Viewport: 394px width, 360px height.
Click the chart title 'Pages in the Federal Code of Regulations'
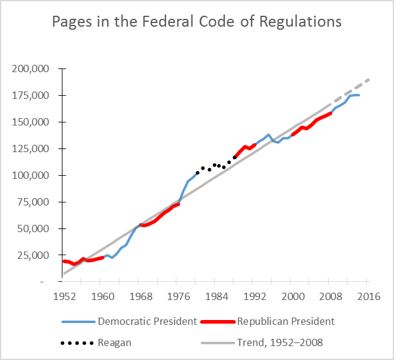[x=197, y=22]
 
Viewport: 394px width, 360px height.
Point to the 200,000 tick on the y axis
[x=32, y=68]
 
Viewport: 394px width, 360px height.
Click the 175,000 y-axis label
[x=32, y=95]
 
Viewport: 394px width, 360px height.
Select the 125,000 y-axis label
[x=32, y=148]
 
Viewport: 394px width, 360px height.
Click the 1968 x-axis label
[x=139, y=296]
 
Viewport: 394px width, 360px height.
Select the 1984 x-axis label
[x=216, y=296]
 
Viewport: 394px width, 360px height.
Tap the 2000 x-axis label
[x=292, y=296]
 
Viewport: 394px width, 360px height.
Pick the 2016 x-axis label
[x=368, y=296]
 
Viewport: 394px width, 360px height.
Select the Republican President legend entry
[x=286, y=321]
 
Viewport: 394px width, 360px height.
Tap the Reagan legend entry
[x=115, y=342]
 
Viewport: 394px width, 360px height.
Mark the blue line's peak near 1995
[x=269, y=135]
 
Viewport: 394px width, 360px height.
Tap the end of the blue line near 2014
[x=359, y=95]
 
